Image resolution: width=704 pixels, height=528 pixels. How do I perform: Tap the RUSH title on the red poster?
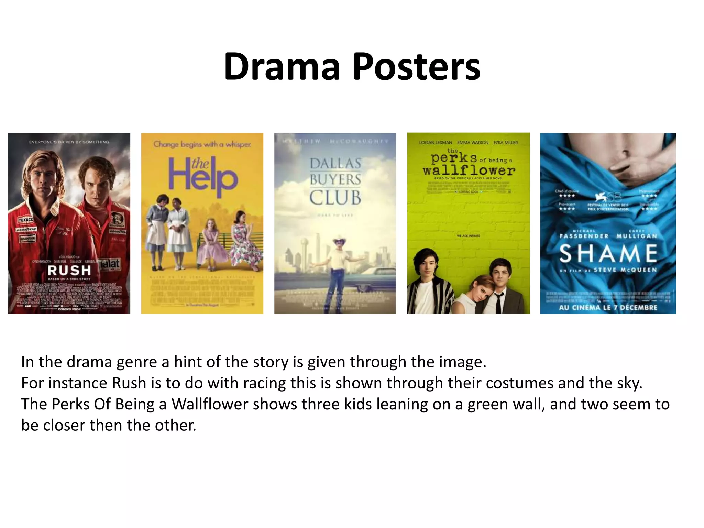coord(69,270)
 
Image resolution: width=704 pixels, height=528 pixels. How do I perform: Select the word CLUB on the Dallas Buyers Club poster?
coord(335,198)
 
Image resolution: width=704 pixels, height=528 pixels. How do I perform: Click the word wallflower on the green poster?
coord(469,170)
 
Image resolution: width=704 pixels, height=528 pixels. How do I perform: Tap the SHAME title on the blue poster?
coord(608,253)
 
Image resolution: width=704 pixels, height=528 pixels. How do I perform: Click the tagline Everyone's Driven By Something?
coord(69,142)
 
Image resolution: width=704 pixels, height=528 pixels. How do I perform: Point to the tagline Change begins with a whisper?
coord(202,144)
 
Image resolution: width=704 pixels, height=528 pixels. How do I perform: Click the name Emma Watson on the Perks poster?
coord(473,143)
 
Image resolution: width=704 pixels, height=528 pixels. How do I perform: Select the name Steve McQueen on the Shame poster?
coord(625,270)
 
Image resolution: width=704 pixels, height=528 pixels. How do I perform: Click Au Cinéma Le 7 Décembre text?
coord(608,307)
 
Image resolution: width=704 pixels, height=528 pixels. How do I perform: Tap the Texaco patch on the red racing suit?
coord(26,219)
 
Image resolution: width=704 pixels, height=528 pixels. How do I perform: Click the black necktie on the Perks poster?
coord(498,302)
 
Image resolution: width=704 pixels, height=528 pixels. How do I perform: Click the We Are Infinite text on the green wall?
coord(469,236)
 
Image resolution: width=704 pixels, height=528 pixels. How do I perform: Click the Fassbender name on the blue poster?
coord(584,236)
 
